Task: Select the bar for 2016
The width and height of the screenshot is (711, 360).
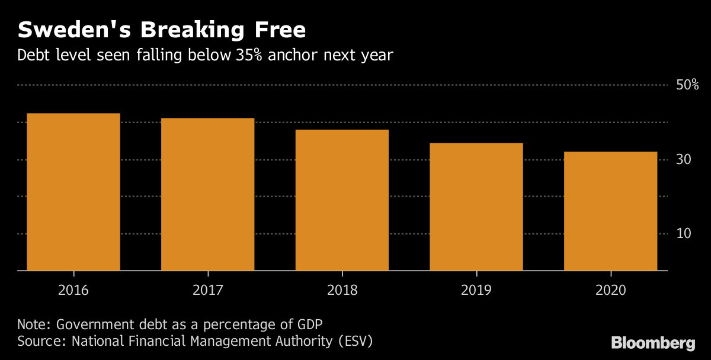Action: point(73,192)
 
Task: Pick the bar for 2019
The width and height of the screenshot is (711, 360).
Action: point(476,207)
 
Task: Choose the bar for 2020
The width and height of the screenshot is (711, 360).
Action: point(610,211)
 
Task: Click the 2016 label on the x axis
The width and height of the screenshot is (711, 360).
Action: point(73,291)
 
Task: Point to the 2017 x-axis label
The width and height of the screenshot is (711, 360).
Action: point(207,291)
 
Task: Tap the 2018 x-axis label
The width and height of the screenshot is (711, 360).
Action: point(342,291)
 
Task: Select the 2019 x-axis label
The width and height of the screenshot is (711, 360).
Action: point(476,291)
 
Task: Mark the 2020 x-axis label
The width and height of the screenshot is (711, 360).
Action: point(610,291)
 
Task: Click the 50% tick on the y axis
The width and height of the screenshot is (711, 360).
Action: point(687,85)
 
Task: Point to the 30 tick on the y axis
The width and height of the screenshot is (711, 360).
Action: point(684,160)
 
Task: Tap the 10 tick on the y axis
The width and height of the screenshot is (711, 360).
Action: point(684,234)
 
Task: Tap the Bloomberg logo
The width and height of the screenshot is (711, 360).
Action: point(653,342)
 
